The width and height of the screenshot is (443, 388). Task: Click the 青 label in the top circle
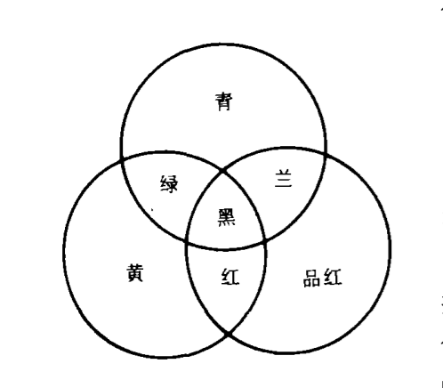tap(224, 101)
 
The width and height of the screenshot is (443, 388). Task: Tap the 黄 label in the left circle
tap(135, 272)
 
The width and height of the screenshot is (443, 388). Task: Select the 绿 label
tap(169, 184)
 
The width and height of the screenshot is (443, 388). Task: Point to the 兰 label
tap(283, 178)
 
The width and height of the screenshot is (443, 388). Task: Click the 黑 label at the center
tap(227, 218)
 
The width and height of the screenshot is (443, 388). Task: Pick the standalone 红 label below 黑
tap(230, 277)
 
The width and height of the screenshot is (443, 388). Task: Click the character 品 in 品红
tap(312, 278)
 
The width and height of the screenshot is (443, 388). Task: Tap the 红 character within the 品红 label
tap(333, 277)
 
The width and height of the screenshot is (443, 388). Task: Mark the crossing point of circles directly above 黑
tap(222, 172)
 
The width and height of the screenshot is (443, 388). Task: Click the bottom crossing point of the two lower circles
tap(228, 335)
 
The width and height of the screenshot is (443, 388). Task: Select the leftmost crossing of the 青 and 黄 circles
tap(122, 160)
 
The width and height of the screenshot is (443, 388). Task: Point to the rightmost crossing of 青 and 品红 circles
tap(326, 153)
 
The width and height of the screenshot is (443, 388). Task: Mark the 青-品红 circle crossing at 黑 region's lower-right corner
tap(265, 240)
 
